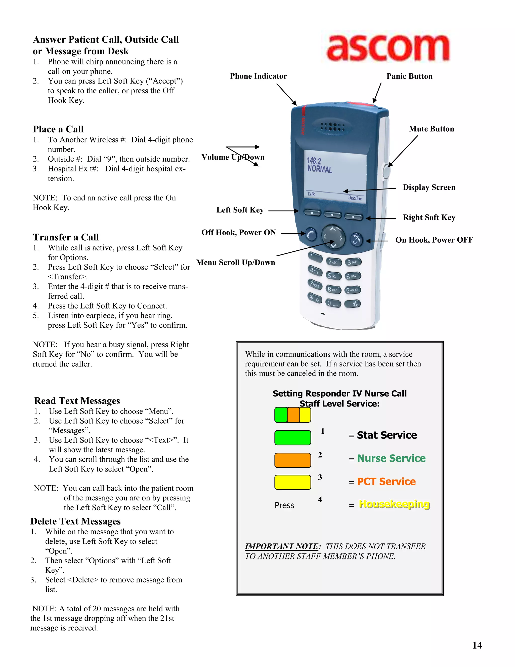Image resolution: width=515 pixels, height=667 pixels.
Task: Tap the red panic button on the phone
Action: [361, 104]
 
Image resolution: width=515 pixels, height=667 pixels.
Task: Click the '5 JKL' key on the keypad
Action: [334, 276]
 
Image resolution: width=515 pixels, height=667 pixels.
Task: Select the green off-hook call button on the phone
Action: [311, 235]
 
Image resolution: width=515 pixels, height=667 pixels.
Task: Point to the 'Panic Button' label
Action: [409, 76]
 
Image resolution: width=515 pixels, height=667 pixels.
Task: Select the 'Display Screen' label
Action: [429, 187]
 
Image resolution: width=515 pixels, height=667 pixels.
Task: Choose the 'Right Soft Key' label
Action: [429, 217]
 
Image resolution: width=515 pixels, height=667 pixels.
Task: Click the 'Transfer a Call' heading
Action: [66, 237]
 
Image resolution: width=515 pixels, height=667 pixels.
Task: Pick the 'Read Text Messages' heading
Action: [77, 401]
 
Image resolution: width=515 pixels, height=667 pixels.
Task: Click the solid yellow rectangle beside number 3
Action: [292, 483]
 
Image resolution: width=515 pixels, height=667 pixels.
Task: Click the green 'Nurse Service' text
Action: [391, 458]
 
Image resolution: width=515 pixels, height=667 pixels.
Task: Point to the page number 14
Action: [477, 645]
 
